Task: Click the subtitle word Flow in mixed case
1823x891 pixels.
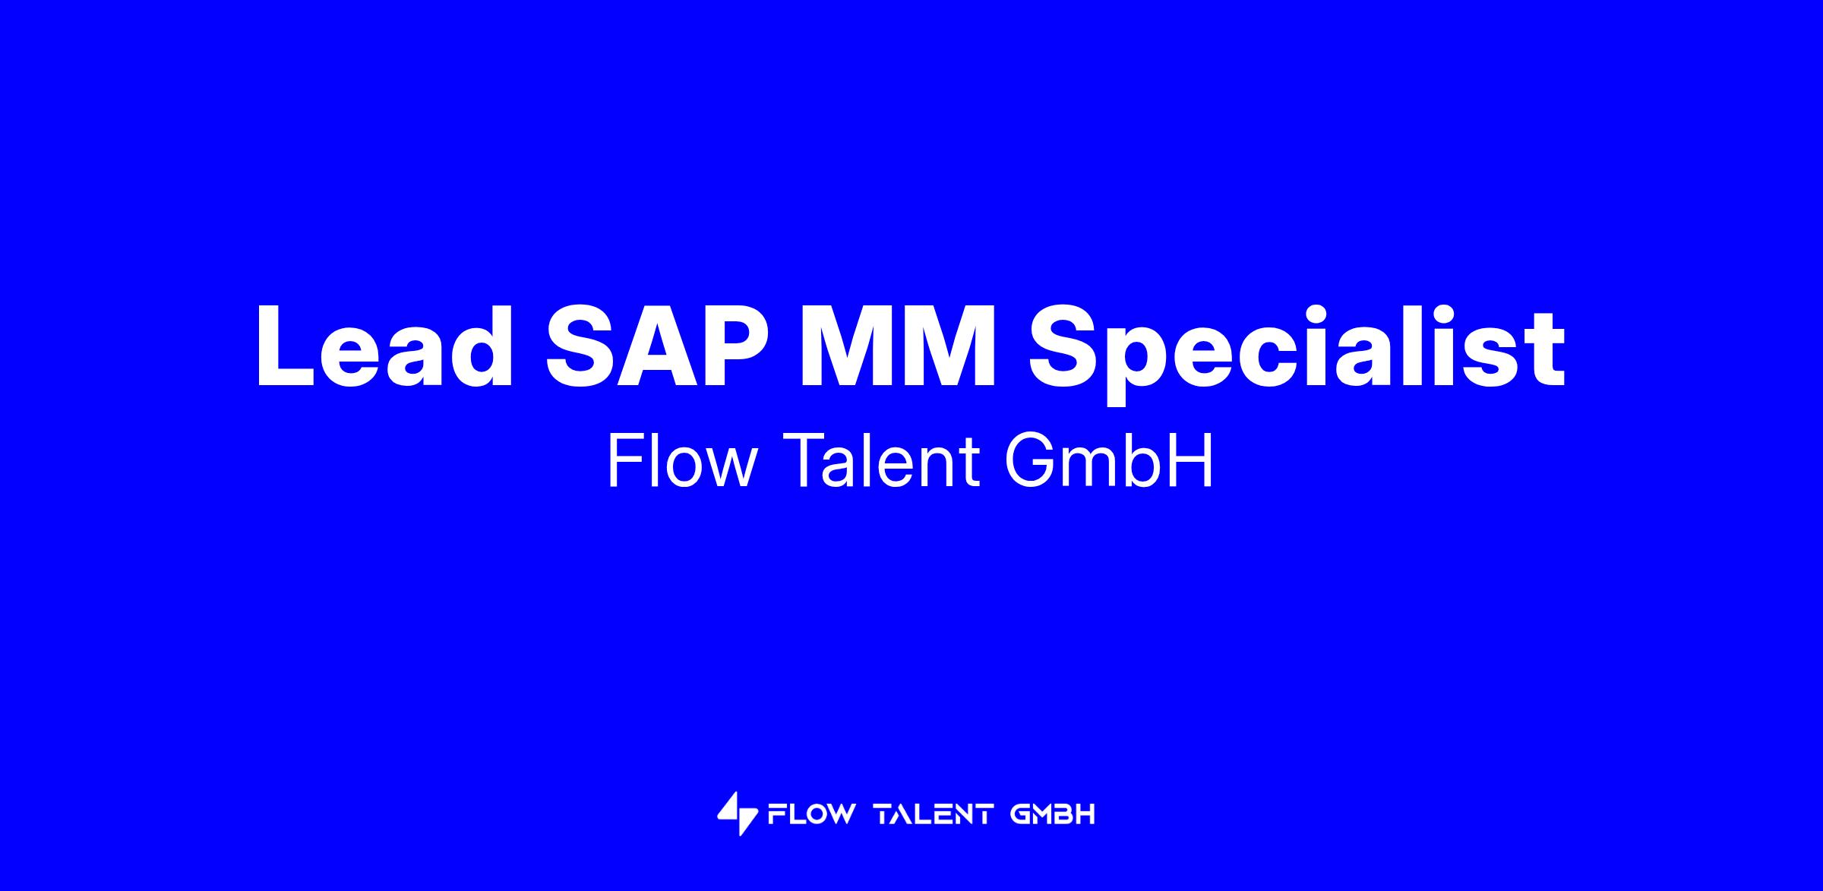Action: click(682, 460)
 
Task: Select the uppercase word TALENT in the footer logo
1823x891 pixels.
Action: click(934, 814)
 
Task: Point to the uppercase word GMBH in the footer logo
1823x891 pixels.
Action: click(1053, 814)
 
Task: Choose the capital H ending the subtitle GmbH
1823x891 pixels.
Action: click(1193, 460)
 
